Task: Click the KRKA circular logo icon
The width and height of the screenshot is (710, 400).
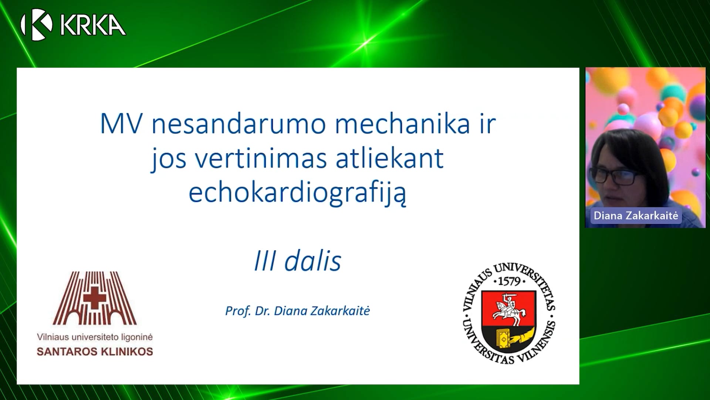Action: click(x=36, y=24)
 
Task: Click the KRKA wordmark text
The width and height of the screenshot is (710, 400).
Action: click(x=93, y=25)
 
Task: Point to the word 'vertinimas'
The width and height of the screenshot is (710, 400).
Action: click(x=261, y=158)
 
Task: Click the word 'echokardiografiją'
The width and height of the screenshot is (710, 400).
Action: click(x=298, y=193)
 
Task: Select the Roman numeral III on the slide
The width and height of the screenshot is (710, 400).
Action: click(x=265, y=261)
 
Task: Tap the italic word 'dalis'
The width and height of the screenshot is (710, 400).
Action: click(x=312, y=260)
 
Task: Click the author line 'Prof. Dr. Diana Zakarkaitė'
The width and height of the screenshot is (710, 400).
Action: click(x=298, y=311)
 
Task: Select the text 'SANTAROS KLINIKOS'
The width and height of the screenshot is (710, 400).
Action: click(x=95, y=351)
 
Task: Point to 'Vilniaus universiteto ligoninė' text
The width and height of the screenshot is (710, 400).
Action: click(x=95, y=337)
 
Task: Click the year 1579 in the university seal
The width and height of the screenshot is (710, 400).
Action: click(x=510, y=281)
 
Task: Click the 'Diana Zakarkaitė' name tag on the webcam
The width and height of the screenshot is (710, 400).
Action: click(x=636, y=216)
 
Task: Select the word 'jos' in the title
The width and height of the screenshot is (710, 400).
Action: click(x=169, y=160)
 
